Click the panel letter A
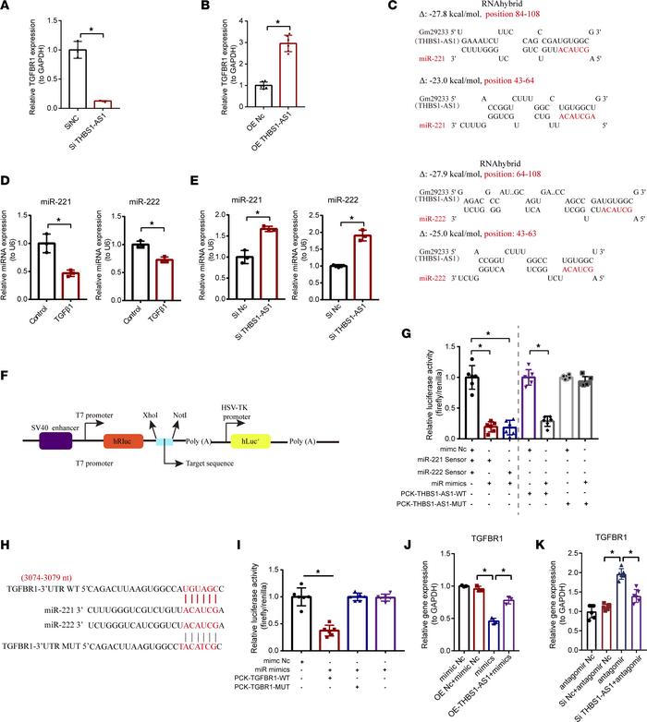(8, 9)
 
